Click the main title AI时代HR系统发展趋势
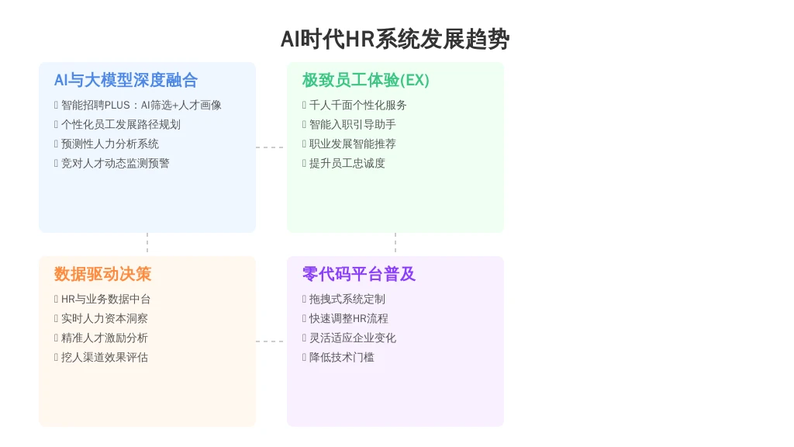[x=395, y=40]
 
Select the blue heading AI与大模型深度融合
[x=126, y=80]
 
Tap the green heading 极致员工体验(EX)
[x=366, y=80]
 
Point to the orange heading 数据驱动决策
[x=103, y=274]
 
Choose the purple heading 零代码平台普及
[x=359, y=274]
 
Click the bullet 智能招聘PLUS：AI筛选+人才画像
[x=141, y=105]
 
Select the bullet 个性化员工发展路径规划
[x=120, y=124]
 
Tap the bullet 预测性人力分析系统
[x=110, y=144]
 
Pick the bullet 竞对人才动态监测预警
[x=115, y=163]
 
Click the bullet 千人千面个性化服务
[x=358, y=105]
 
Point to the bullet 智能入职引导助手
[x=353, y=124]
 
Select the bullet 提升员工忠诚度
[x=347, y=163]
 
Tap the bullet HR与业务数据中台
[x=105, y=299]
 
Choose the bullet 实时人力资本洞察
[x=105, y=318]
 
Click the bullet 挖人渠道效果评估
[x=105, y=357]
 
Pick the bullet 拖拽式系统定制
[x=347, y=299]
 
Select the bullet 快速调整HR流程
[x=349, y=318]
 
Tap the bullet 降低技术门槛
[x=342, y=357]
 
